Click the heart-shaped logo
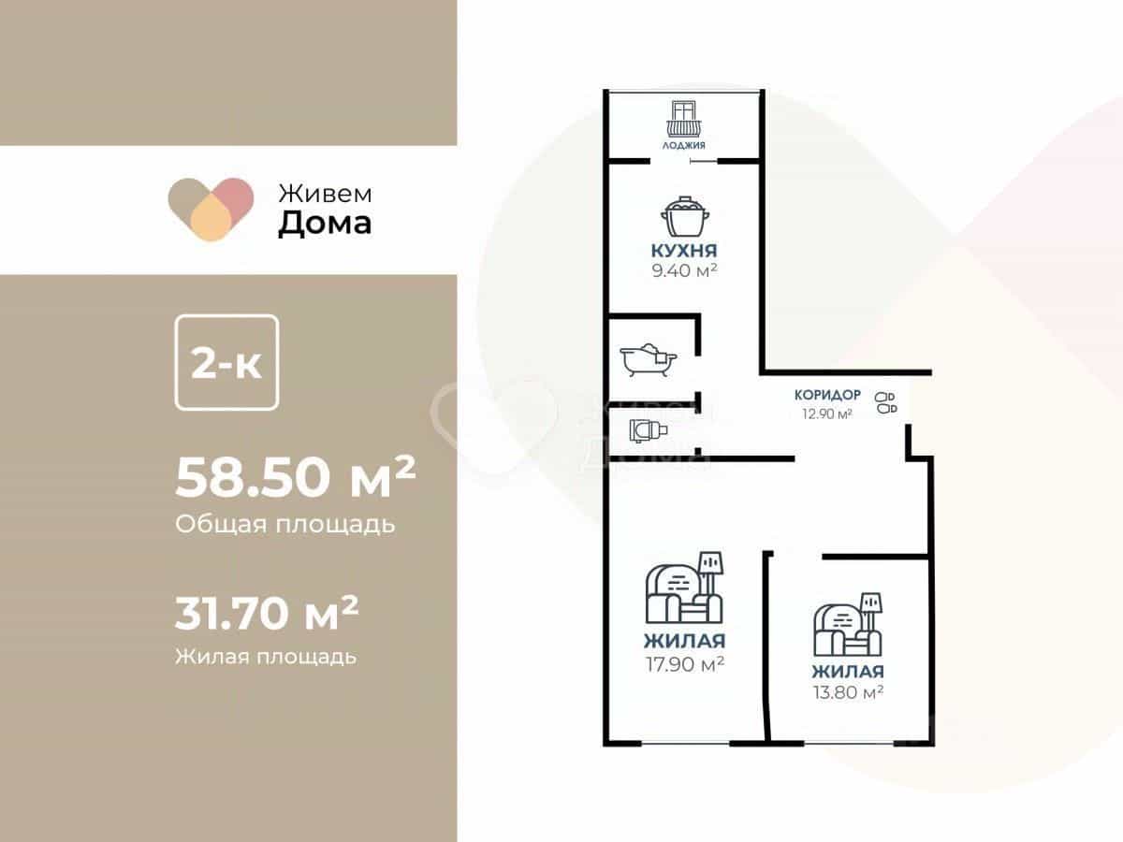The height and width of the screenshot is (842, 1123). pyautogui.click(x=211, y=209)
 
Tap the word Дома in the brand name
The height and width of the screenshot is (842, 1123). pyautogui.click(x=325, y=224)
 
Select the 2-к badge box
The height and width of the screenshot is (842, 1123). pyautogui.click(x=226, y=362)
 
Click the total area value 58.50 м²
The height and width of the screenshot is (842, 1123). pyautogui.click(x=296, y=477)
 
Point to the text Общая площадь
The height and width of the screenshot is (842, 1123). pyautogui.click(x=285, y=525)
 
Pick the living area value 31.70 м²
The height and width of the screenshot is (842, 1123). pyautogui.click(x=267, y=613)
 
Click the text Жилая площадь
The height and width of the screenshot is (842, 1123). pyautogui.click(x=266, y=657)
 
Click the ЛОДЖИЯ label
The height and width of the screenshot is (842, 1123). pyautogui.click(x=683, y=146)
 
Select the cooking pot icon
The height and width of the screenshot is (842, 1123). pyautogui.click(x=684, y=217)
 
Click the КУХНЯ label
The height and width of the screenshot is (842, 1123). pyautogui.click(x=684, y=251)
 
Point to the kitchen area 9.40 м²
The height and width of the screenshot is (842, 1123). pyautogui.click(x=684, y=270)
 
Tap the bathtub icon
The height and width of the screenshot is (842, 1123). pyautogui.click(x=649, y=360)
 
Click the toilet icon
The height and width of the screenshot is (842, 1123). pyautogui.click(x=649, y=430)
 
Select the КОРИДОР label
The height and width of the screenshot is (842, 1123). pyautogui.click(x=827, y=395)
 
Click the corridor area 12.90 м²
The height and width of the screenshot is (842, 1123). pyautogui.click(x=826, y=414)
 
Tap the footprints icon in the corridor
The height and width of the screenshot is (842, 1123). pyautogui.click(x=885, y=403)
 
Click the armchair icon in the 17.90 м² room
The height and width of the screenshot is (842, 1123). pyautogui.click(x=684, y=587)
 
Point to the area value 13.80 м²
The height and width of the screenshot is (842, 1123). pyautogui.click(x=848, y=692)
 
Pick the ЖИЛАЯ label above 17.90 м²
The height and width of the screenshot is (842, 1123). pyautogui.click(x=684, y=641)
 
